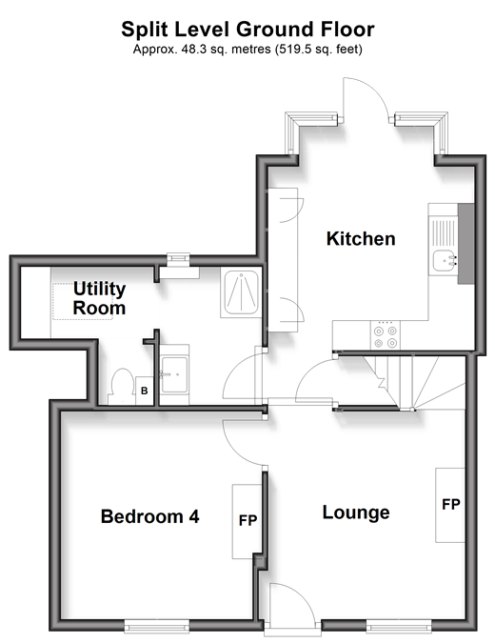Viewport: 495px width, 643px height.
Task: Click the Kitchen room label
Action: pos(361,239)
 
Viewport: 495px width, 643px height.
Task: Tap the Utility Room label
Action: pos(99,298)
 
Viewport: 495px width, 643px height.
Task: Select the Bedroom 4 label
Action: pos(150,516)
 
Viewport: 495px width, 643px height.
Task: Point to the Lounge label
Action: pos(356,512)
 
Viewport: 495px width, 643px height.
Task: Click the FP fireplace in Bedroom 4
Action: pos(247,521)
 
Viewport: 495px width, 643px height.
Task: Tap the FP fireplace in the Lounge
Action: pos(450,505)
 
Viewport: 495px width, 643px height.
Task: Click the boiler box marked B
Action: pos(145,391)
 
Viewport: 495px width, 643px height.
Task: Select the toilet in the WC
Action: pos(122,386)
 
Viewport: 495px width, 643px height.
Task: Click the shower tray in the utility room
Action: pos(242,292)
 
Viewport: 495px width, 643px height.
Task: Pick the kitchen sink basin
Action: pos(445,261)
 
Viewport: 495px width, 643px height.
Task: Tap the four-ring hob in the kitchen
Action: pos(386,335)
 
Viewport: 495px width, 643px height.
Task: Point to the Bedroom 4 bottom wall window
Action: pos(157,626)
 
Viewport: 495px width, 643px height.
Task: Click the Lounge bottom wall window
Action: pos(399,626)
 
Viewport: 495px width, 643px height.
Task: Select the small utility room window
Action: pos(179,258)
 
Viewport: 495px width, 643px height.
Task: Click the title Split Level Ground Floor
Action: pos(247,30)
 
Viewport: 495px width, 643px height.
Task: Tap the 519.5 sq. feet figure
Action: pos(319,50)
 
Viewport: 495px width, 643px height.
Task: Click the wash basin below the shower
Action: pos(174,374)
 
